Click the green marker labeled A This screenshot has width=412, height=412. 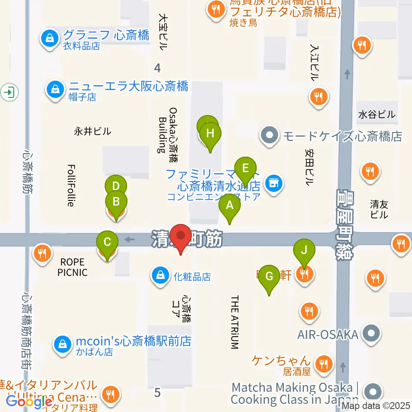pyautogui.click(x=230, y=205)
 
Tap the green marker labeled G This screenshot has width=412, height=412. pyautogui.click(x=269, y=276)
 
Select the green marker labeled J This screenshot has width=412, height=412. pyautogui.click(x=304, y=250)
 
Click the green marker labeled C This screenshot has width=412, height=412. pyautogui.click(x=107, y=242)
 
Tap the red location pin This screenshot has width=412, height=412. pyautogui.click(x=181, y=237)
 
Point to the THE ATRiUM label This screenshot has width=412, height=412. pyautogui.click(x=234, y=322)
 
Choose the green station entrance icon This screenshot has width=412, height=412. pyautogui.click(x=8, y=91)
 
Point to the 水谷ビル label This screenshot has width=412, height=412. pyautogui.click(x=377, y=115)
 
